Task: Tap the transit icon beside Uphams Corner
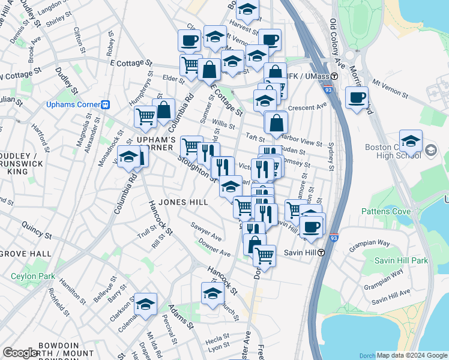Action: (x=106, y=104)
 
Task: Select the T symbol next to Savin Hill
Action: (x=322, y=252)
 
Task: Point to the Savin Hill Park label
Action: (x=401, y=260)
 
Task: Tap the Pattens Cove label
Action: (x=386, y=211)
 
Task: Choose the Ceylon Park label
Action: (x=31, y=277)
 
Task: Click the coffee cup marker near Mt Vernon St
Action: (x=357, y=97)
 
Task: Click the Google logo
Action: (x=20, y=353)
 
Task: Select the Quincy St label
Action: (x=34, y=226)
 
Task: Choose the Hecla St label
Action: (x=218, y=338)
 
